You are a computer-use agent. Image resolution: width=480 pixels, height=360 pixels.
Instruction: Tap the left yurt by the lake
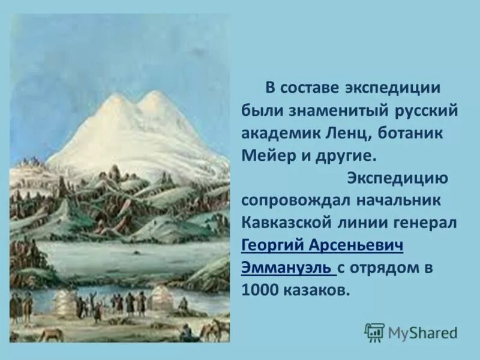(65, 303)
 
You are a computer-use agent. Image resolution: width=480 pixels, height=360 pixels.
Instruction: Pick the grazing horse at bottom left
(51, 334)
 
